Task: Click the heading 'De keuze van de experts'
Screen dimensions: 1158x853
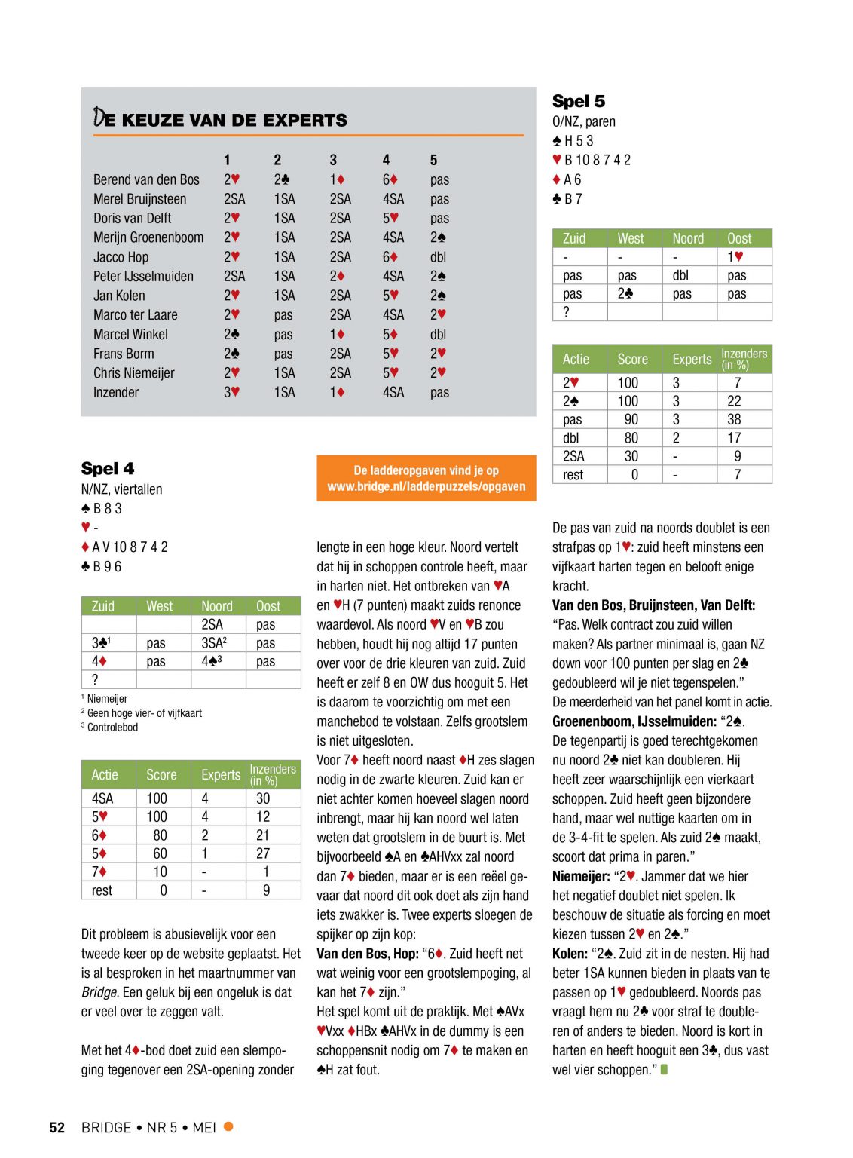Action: coord(220,119)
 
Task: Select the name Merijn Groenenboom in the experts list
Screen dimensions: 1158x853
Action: coord(148,237)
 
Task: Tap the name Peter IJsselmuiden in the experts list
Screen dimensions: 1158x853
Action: coord(143,277)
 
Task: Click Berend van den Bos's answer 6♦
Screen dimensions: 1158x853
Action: coord(390,179)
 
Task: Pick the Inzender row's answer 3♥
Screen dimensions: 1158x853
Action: coord(231,392)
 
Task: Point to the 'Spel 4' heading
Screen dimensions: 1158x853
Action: coord(108,468)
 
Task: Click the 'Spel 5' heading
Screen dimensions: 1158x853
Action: coord(579,101)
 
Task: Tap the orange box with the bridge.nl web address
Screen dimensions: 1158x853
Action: coord(426,478)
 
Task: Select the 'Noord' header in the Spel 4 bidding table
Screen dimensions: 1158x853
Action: coord(217,606)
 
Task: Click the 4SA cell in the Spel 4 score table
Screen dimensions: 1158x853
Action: coord(102,798)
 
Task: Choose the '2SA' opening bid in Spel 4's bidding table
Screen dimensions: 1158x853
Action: coord(212,624)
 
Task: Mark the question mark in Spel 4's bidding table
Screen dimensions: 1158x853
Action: coord(95,679)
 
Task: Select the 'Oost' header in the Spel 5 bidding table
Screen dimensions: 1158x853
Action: coord(739,238)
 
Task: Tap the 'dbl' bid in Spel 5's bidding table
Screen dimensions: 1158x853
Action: coord(681,275)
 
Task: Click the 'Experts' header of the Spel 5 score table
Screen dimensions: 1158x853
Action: coord(692,360)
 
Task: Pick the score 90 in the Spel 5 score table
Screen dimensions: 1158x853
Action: coord(631,419)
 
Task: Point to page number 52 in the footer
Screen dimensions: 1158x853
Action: coord(57,1128)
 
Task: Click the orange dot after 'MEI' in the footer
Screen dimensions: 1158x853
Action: coord(228,1126)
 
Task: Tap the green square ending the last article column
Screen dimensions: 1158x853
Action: coord(664,1069)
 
